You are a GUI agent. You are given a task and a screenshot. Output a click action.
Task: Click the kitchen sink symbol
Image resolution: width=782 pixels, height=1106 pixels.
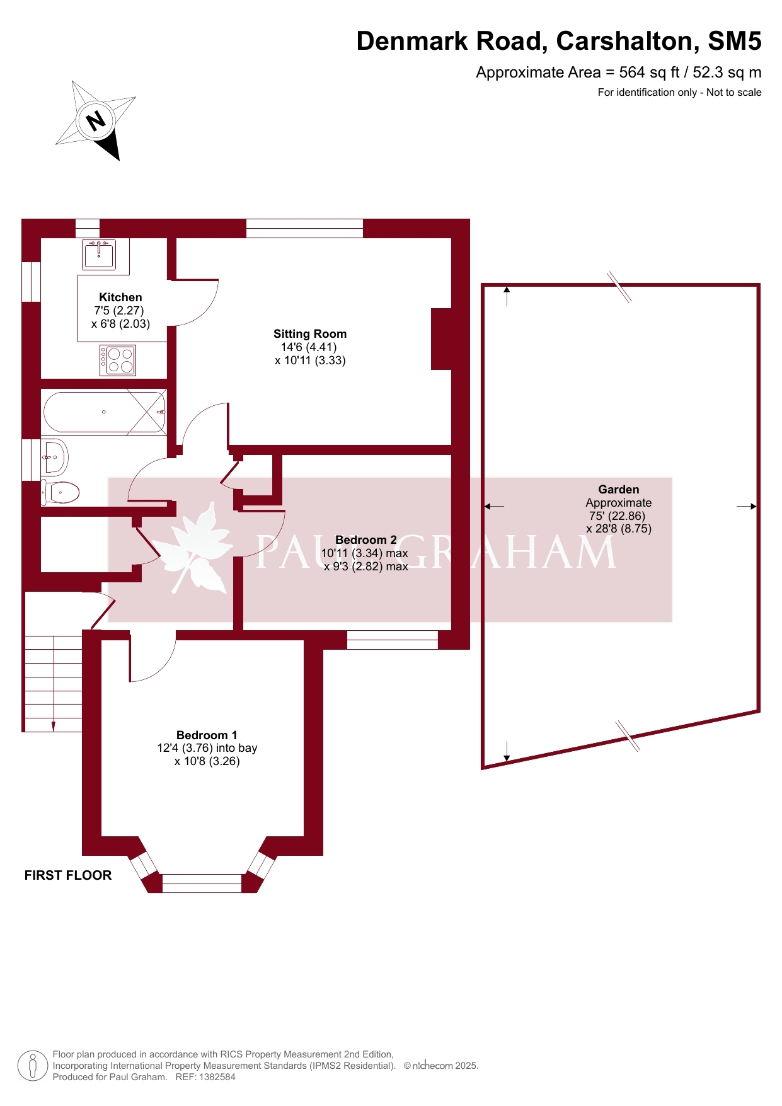coord(99,254)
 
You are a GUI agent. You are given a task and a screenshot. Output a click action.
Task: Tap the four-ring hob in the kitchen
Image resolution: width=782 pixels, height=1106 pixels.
coord(118,360)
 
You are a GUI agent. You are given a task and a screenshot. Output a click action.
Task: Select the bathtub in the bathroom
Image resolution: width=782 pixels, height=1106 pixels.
coord(105,412)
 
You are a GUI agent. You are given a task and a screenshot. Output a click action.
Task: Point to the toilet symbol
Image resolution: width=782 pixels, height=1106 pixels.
coord(60,492)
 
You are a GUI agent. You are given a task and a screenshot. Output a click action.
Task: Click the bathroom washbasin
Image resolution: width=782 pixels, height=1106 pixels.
coord(54,456)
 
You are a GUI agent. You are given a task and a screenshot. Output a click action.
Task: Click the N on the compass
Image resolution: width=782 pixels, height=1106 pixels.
coord(96,120)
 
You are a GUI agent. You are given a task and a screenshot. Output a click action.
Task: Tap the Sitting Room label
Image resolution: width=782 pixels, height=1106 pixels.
coord(310,334)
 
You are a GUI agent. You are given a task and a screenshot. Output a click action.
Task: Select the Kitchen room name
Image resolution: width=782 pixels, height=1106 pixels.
coord(120,297)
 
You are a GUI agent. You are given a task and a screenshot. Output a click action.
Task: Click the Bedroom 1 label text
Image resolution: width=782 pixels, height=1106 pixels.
coord(207,735)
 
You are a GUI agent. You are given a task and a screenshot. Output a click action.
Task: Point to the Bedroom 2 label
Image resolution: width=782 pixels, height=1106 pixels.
coord(366,540)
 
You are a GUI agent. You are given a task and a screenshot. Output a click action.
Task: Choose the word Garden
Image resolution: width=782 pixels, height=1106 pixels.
coord(619,490)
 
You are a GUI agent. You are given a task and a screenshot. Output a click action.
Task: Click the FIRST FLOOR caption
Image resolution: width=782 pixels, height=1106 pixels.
coord(68,875)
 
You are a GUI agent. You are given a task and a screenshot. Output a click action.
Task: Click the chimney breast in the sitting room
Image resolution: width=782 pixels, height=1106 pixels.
coord(441,339)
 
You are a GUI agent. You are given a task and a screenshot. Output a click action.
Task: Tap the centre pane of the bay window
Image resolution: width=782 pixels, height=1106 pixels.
coord(202,884)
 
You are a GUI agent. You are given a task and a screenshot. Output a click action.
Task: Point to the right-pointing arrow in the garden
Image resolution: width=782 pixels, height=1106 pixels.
coord(746,506)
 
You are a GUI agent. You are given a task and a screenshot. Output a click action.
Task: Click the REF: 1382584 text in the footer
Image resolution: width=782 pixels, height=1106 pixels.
coord(205,1077)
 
